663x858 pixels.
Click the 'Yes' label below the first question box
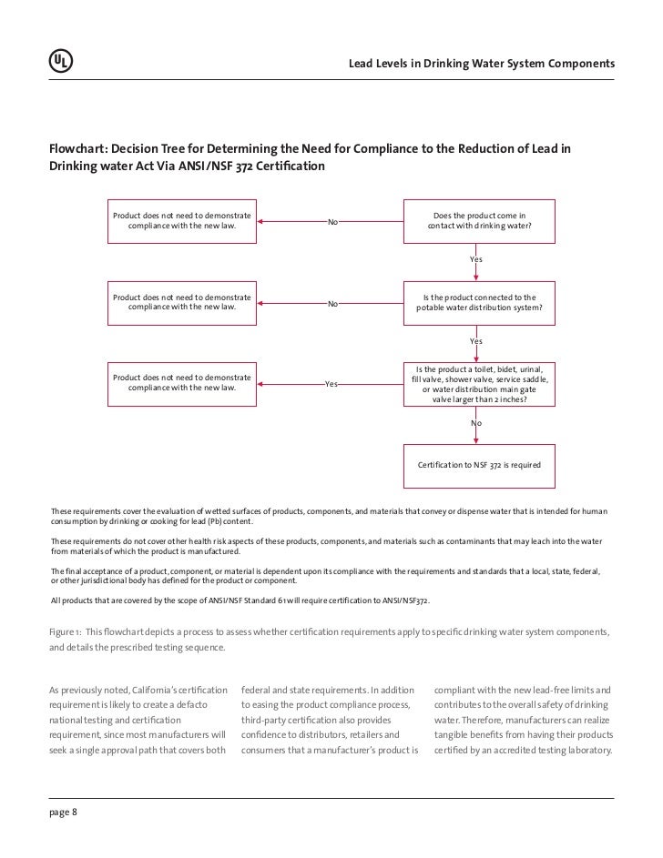point(476,260)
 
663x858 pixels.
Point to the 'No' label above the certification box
point(476,424)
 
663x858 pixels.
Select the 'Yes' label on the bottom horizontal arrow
point(331,384)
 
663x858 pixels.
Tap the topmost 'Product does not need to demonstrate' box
point(181,221)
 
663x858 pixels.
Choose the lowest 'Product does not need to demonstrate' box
point(181,383)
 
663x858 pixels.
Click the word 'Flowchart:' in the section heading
point(79,149)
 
